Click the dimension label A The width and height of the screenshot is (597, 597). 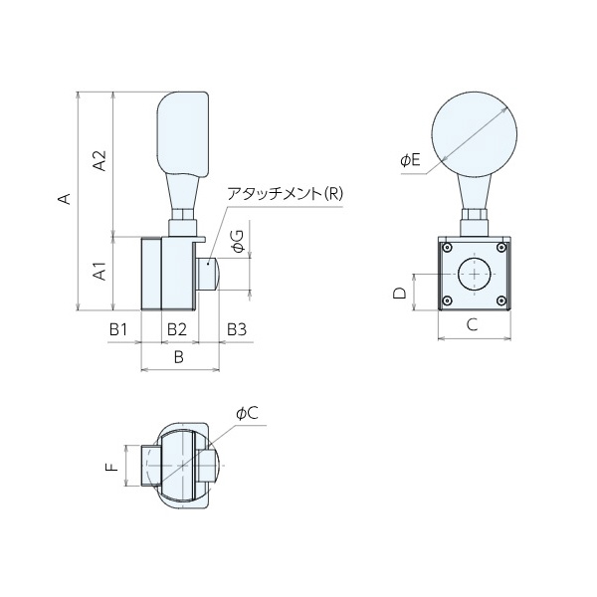[64, 198]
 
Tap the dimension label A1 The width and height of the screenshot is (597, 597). [99, 272]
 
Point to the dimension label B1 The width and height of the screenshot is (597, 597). [118, 327]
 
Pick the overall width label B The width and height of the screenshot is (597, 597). [179, 356]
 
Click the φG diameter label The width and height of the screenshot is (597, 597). [236, 240]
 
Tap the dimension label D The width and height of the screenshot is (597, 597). [399, 294]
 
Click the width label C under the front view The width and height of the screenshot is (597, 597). [473, 324]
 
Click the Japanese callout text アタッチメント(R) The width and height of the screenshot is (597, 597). [284, 193]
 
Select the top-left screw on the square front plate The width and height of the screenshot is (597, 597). [448, 248]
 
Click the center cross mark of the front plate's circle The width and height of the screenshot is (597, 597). [475, 274]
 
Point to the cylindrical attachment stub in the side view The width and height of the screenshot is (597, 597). [207, 273]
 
